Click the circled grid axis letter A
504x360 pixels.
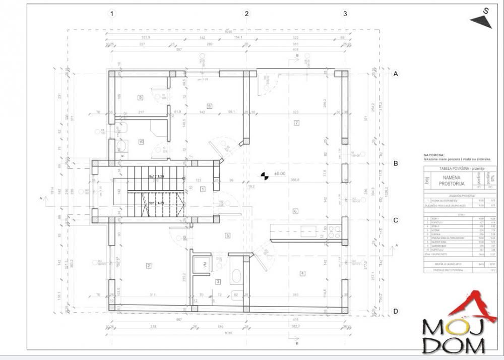(x=396, y=74)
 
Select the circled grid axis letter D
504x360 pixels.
(x=396, y=311)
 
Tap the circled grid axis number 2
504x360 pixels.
(x=247, y=14)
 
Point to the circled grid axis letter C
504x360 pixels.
(x=396, y=220)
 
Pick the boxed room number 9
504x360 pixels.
(x=141, y=97)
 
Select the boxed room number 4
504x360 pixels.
(x=302, y=273)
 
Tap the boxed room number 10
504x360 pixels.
(x=141, y=142)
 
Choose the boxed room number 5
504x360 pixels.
(x=227, y=235)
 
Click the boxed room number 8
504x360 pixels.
(x=209, y=105)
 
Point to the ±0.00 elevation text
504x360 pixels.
(x=279, y=174)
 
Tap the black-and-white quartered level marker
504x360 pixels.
(x=264, y=175)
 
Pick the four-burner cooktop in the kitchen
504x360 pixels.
(x=334, y=231)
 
